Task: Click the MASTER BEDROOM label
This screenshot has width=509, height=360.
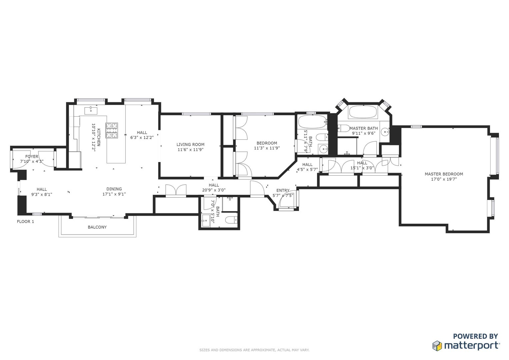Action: coord(444,174)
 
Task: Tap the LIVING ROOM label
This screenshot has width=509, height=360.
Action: coord(190,144)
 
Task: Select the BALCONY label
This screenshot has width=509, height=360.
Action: coord(97,227)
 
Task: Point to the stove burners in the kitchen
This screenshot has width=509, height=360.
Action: coord(112,130)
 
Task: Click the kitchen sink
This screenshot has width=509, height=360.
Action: coord(90,110)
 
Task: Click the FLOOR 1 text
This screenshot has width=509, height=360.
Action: coord(25,221)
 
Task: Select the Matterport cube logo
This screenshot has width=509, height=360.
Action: coord(437,346)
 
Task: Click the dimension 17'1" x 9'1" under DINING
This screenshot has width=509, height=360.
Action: coord(114,194)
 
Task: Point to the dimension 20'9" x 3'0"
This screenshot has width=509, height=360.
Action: coord(214,190)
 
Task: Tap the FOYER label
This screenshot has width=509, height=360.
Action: coord(32,156)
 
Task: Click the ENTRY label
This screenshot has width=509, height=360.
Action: coord(283,190)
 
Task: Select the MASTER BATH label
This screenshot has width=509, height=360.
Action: coord(363,128)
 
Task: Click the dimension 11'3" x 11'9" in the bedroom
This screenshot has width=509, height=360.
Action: coord(267,148)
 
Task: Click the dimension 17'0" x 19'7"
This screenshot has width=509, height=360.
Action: coord(444,179)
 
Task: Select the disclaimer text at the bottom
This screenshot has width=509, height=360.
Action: coord(254,350)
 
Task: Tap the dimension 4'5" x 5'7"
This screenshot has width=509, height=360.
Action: coord(307,169)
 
